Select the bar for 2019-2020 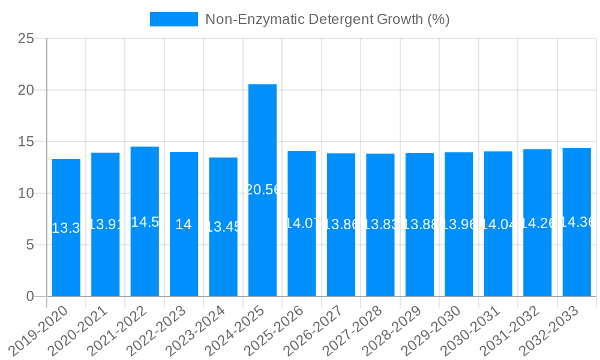[x=66, y=227]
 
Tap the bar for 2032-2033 [x=577, y=222]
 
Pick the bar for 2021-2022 [x=145, y=221]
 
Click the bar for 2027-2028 [x=380, y=225]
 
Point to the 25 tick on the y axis [x=26, y=39]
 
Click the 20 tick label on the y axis [x=26, y=90]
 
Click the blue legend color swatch [x=173, y=19]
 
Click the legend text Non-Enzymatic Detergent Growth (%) [x=327, y=19]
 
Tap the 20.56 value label [x=262, y=190]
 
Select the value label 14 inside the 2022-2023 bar [x=184, y=224]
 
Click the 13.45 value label [x=223, y=227]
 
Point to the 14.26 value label [x=537, y=223]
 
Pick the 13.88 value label [x=419, y=224]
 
